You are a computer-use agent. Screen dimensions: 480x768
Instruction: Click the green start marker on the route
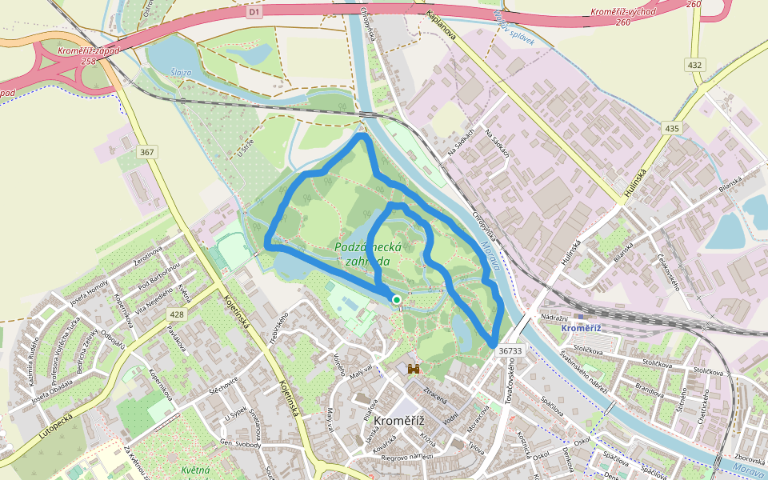pyautogui.click(x=396, y=299)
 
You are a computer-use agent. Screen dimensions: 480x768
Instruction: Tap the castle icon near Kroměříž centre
pyautogui.click(x=414, y=369)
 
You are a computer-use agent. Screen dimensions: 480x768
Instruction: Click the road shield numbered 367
pyautogui.click(x=146, y=152)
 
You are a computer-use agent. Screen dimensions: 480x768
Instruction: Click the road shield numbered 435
pyautogui.click(x=671, y=128)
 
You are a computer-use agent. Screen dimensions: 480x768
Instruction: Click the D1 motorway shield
pyautogui.click(x=254, y=13)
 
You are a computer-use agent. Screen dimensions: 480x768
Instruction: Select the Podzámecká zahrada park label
pyautogui.click(x=362, y=254)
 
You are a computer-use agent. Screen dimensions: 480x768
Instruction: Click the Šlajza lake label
pyautogui.click(x=182, y=72)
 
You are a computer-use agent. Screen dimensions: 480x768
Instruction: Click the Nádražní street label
pyautogui.click(x=554, y=318)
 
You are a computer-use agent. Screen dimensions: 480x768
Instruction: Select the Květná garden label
pyautogui.click(x=195, y=470)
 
